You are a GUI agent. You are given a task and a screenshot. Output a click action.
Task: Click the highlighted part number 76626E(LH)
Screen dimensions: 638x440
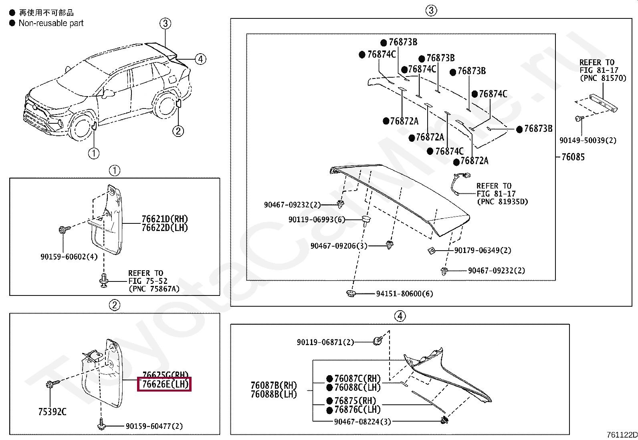164,384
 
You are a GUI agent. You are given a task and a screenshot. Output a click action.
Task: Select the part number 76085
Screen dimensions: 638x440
573,157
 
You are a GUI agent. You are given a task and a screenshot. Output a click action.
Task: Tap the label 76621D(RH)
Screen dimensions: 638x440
164,219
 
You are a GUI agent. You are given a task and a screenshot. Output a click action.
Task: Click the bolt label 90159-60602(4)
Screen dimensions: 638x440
69,257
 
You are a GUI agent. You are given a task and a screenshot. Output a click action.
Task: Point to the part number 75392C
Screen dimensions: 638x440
52,411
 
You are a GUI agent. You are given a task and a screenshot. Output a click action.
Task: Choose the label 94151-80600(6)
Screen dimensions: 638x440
404,293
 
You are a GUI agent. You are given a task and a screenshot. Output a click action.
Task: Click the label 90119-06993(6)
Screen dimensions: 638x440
317,220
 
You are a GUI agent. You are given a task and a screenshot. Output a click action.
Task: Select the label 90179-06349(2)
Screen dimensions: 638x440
483,251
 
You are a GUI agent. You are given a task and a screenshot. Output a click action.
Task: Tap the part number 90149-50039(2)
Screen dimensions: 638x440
588,140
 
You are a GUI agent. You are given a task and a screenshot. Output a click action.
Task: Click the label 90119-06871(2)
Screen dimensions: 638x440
325,342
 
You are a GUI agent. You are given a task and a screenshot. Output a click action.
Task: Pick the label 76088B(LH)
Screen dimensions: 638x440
274,394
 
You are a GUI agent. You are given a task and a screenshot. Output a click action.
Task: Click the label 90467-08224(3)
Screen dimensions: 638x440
362,421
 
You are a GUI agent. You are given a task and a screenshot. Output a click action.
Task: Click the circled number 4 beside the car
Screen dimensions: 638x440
200,59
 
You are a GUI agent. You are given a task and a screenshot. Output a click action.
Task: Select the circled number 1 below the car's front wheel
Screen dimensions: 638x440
93,153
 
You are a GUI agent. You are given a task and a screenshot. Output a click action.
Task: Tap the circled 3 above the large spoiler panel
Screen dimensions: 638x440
431,10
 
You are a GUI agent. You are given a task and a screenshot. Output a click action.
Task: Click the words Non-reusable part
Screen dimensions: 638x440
51,23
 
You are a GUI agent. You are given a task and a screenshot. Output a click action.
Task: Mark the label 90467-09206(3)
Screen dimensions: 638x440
339,246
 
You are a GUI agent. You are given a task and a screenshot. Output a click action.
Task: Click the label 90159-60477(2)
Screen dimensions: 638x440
154,426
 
